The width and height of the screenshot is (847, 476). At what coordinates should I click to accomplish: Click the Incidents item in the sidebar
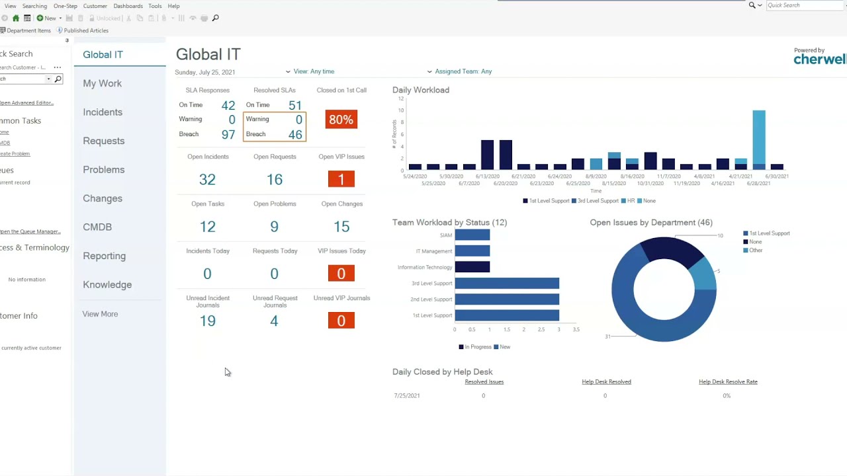(x=103, y=112)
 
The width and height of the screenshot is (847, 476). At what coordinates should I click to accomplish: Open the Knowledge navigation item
(x=107, y=285)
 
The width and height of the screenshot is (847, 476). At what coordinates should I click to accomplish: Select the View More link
(x=100, y=314)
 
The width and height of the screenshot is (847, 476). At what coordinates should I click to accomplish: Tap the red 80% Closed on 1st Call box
(x=341, y=120)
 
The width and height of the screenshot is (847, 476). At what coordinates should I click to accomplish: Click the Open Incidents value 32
(x=207, y=179)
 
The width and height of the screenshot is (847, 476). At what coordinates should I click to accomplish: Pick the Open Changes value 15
(x=341, y=227)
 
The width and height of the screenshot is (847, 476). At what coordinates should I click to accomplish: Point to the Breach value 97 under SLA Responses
(x=228, y=134)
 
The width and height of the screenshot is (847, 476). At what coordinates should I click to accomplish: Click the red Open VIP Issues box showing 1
(x=341, y=179)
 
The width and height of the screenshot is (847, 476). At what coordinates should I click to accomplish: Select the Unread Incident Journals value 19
(x=207, y=321)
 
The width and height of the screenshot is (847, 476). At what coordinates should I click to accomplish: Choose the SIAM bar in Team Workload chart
(x=472, y=235)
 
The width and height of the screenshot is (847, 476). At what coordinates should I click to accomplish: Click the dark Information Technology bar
(x=472, y=267)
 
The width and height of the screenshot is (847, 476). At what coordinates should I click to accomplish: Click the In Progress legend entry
(x=474, y=347)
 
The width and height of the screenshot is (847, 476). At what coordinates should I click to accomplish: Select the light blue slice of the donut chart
(x=704, y=272)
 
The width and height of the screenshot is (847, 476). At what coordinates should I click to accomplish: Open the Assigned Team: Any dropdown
(x=463, y=71)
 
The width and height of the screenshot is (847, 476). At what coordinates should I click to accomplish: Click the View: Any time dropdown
(x=313, y=71)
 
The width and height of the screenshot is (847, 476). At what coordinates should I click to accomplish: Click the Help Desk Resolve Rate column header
(x=728, y=382)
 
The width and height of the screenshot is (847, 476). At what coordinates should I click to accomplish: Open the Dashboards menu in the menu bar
(x=128, y=6)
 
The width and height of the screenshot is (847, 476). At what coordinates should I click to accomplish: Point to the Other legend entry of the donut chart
(x=755, y=251)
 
